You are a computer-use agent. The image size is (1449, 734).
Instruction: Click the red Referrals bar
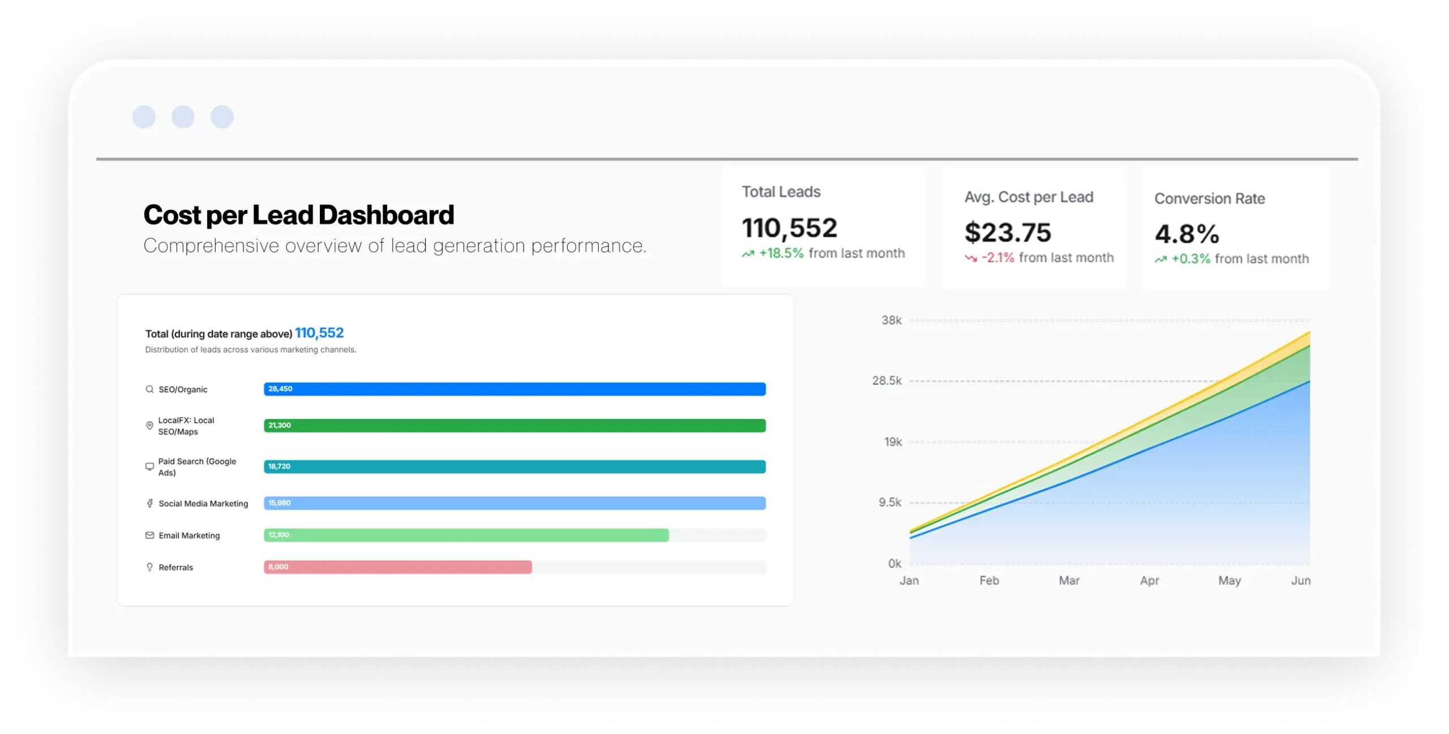pyautogui.click(x=397, y=567)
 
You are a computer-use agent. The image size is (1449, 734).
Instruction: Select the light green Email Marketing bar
pyautogui.click(x=466, y=535)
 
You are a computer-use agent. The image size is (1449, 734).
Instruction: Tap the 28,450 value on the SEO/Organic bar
pyautogui.click(x=280, y=389)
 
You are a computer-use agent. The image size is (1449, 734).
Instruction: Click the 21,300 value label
pyautogui.click(x=280, y=425)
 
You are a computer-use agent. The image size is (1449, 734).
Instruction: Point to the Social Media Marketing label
pyautogui.click(x=203, y=504)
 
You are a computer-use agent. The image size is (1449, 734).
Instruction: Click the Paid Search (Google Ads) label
pyautogui.click(x=197, y=467)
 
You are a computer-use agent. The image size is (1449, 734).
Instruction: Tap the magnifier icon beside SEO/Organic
pyautogui.click(x=149, y=389)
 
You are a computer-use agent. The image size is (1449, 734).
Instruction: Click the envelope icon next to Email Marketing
pyautogui.click(x=149, y=535)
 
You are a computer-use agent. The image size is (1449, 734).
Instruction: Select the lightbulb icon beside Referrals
pyautogui.click(x=149, y=567)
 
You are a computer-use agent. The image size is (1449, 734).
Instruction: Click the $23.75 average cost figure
pyautogui.click(x=1008, y=233)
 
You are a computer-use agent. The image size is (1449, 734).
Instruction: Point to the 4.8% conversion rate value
pyautogui.click(x=1187, y=234)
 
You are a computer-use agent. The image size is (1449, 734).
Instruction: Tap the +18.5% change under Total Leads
pyautogui.click(x=781, y=254)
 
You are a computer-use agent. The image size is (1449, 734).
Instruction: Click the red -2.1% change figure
pyautogui.click(x=998, y=258)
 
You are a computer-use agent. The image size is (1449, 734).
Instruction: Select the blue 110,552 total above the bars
pyautogui.click(x=319, y=333)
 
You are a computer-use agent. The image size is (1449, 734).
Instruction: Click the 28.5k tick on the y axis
pyautogui.click(x=887, y=381)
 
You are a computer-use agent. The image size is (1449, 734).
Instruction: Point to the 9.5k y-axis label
pyautogui.click(x=890, y=503)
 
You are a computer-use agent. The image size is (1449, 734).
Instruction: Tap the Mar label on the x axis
pyautogui.click(x=1069, y=581)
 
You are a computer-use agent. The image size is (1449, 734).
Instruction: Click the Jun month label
pyautogui.click(x=1300, y=581)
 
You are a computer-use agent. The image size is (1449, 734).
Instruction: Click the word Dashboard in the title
pyautogui.click(x=386, y=215)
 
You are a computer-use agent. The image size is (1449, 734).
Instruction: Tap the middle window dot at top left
pyautogui.click(x=183, y=117)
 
